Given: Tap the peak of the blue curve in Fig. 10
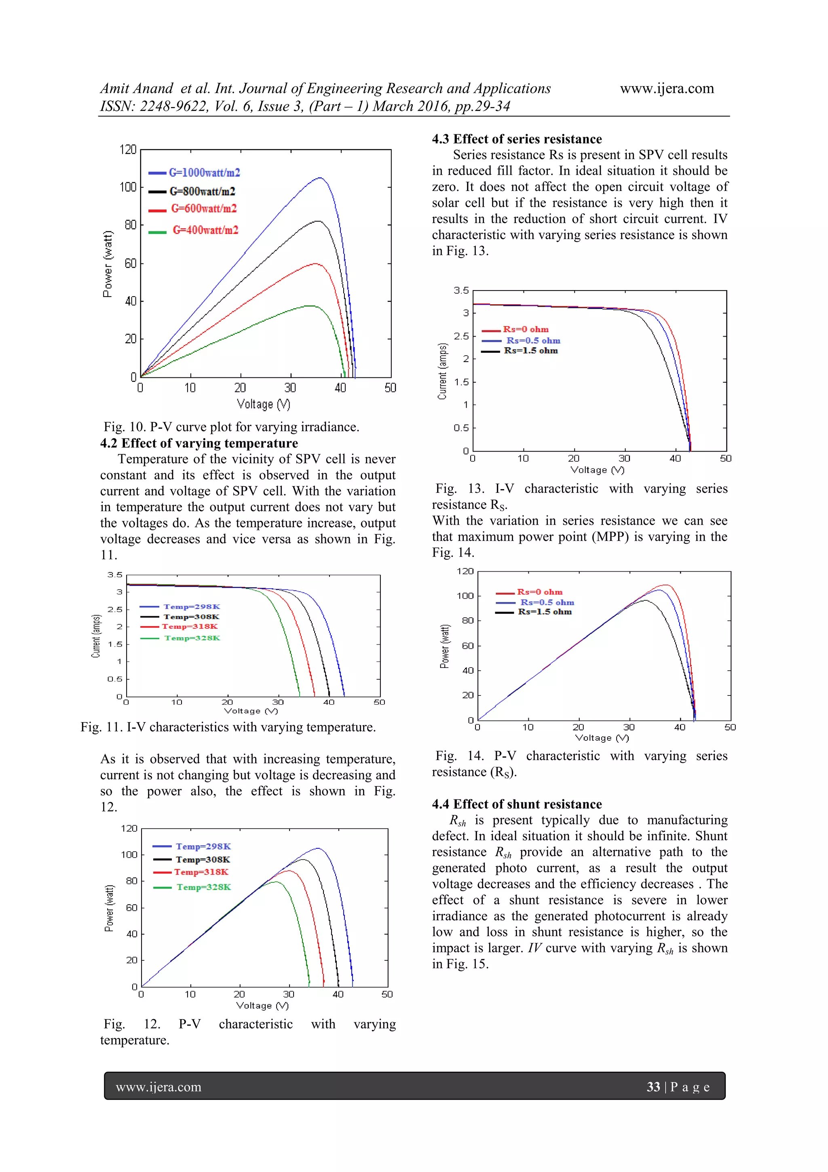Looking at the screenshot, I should click(x=320, y=178).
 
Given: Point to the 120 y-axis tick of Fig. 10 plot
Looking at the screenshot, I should click(x=128, y=150).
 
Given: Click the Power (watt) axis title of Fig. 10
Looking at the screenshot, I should click(x=107, y=264).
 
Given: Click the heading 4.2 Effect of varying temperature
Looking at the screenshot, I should click(x=199, y=443).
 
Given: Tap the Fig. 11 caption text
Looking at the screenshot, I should click(x=228, y=727).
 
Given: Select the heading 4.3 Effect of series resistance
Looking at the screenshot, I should click(x=517, y=139).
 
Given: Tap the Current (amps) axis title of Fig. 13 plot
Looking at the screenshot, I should click(x=442, y=371).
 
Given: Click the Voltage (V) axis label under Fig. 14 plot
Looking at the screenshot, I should click(x=602, y=738).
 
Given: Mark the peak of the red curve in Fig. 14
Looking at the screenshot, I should click(x=666, y=585).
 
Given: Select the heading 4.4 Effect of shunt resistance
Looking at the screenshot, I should click(x=517, y=804).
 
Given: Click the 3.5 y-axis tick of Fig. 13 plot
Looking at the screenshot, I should click(x=461, y=290).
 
